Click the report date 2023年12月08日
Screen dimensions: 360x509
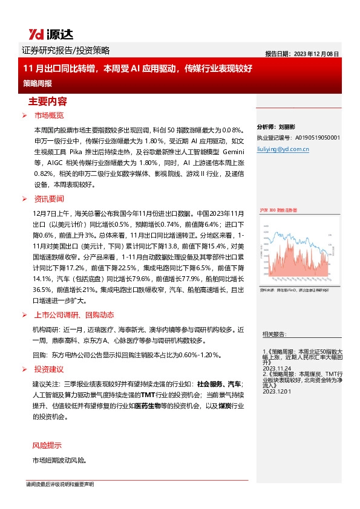tap(302, 53)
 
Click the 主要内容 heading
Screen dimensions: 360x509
tap(48, 101)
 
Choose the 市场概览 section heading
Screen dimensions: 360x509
tap(49, 115)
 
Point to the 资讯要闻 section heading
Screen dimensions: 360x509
tap(49, 199)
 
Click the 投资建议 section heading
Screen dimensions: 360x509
tap(49, 369)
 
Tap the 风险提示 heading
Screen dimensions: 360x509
tap(47, 446)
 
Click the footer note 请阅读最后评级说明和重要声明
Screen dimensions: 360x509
tap(59, 485)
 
